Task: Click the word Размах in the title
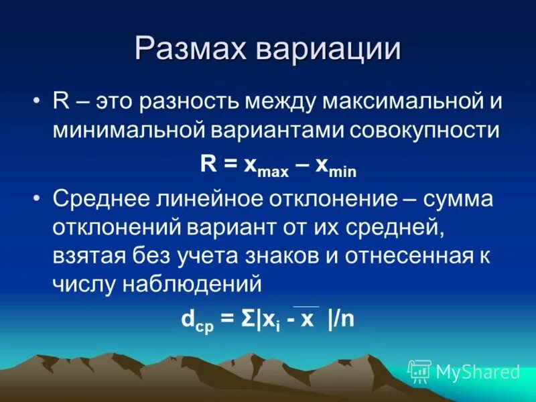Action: coord(193,50)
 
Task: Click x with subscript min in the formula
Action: coord(338,167)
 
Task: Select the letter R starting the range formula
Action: coord(207,165)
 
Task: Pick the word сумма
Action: coord(455,200)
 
